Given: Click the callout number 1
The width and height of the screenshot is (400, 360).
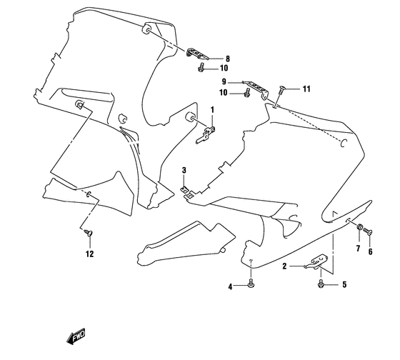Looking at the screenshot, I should tap(212, 109).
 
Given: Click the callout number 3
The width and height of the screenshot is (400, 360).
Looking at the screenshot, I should tap(184, 169).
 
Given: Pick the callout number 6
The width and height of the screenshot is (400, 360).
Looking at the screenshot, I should tap(371, 252).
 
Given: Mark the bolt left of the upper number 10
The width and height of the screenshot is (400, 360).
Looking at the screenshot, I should tap(202, 69).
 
